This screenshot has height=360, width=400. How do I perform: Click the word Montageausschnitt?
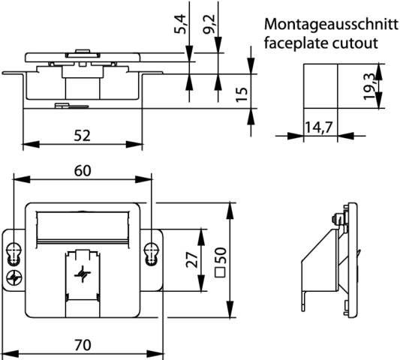tap(331, 25)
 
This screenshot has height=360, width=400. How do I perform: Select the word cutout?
tap(355, 43)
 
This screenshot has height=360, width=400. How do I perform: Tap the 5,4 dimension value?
tap(181, 24)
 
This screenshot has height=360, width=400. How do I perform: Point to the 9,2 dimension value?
tap(209, 24)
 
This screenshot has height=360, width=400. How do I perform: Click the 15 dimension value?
tap(242, 94)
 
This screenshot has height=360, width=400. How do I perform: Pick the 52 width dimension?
tap(83, 136)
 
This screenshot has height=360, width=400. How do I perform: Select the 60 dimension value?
tap(83, 171)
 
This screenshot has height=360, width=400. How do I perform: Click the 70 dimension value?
tap(83, 345)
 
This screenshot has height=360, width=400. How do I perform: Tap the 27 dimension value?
tap(192, 259)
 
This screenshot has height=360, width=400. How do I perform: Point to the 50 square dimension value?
tap(220, 255)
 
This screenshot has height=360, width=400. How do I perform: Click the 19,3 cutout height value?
tap(369, 86)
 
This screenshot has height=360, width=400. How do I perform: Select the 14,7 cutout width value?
tap(319, 127)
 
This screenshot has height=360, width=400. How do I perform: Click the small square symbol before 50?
tap(220, 272)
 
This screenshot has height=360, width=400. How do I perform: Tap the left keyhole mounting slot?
tap(14, 254)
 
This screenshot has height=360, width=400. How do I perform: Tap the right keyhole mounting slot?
tap(152, 254)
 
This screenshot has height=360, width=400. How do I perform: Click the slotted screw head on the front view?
tap(14, 277)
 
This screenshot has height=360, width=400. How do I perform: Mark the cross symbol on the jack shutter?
tap(82, 274)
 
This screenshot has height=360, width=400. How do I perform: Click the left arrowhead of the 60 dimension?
tap(22, 179)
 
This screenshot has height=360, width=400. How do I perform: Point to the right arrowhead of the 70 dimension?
tap(155, 354)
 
